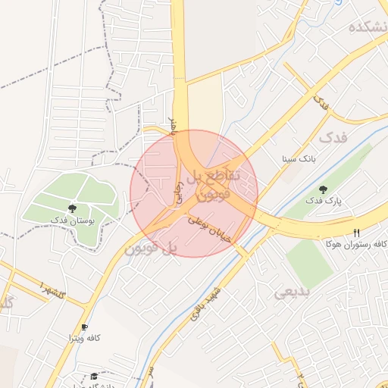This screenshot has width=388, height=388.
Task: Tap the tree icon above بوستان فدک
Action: pos(72,207)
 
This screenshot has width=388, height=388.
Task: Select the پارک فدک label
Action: pos(324,201)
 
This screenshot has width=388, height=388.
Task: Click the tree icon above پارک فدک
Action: pos(324,189)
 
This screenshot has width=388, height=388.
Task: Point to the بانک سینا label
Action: pos(297,159)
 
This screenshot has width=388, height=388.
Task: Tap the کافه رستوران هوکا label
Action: pos(355,244)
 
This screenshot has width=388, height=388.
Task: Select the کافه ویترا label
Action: pos(84,336)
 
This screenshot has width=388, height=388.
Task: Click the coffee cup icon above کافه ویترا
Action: pos(84,326)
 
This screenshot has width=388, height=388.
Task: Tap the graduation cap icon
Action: pos(94,376)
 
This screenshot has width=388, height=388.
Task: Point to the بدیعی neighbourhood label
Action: pos(289,291)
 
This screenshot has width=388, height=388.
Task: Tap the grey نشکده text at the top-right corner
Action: pos(368,27)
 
